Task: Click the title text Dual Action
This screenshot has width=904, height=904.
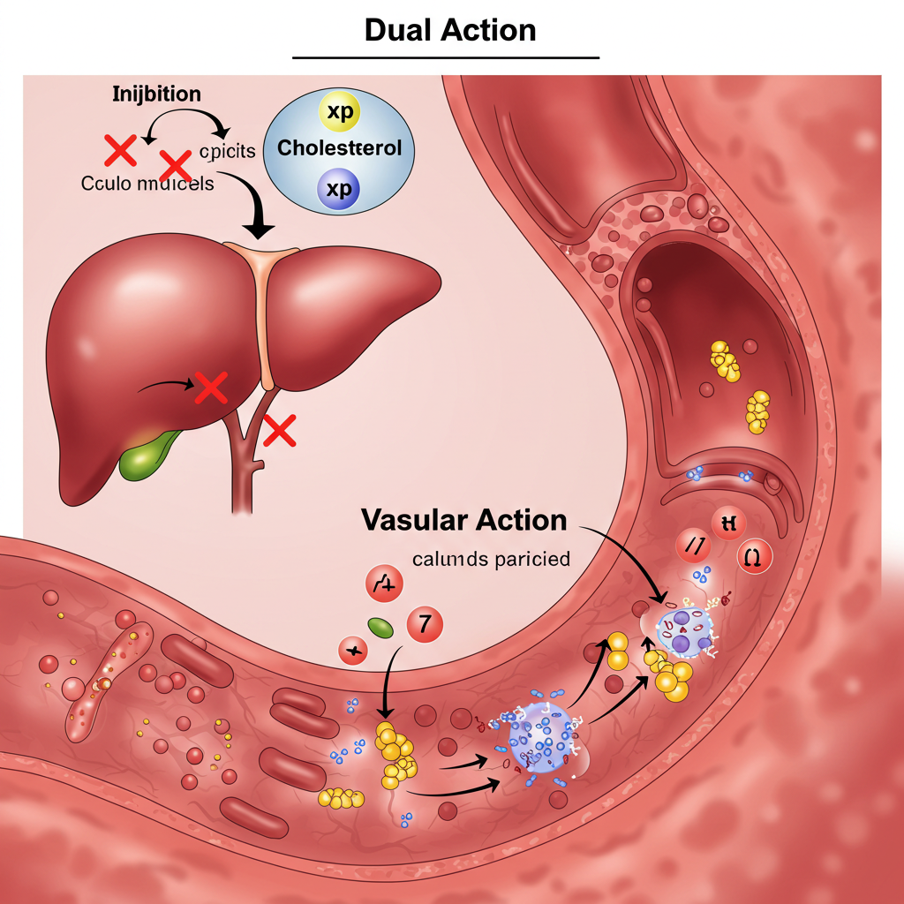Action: tap(450, 31)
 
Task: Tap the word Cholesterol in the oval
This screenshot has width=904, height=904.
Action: tap(340, 147)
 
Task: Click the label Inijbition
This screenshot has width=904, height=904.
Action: tap(156, 94)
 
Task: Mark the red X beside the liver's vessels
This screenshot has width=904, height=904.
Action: tap(279, 432)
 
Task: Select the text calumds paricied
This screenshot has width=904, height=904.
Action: tap(491, 559)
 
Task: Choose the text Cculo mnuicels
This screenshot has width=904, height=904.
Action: tap(147, 185)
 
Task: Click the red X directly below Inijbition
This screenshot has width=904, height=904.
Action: tap(120, 152)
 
